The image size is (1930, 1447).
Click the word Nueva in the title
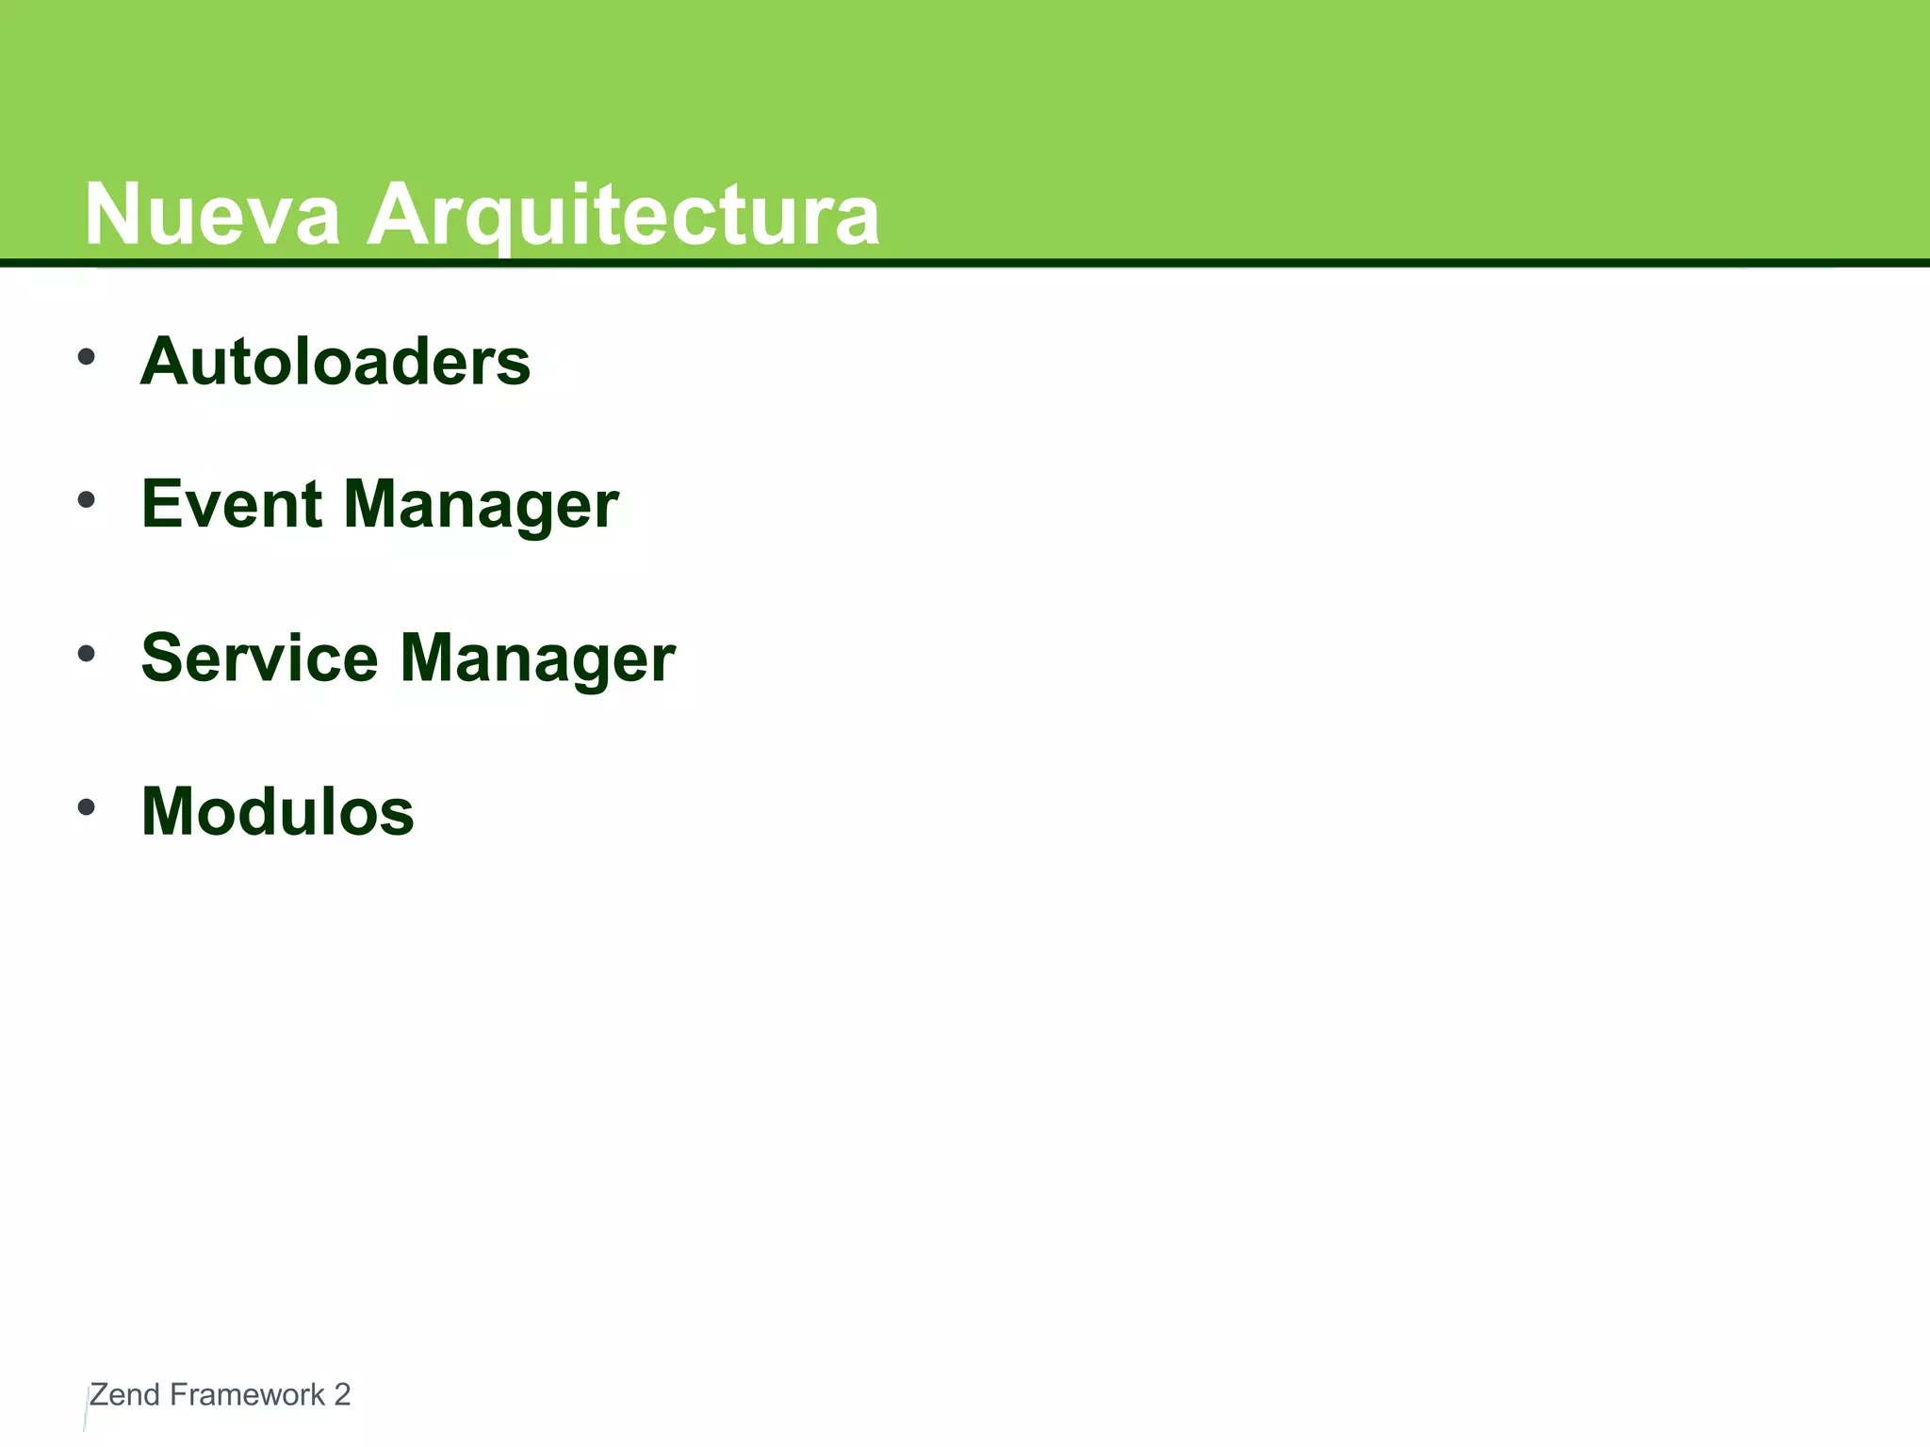coord(212,215)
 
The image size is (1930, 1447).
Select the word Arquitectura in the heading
coord(623,215)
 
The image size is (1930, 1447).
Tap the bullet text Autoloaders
coord(335,362)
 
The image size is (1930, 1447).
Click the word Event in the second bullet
coord(232,504)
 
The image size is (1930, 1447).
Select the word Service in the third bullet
coord(259,658)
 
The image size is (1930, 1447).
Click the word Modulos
coord(277,812)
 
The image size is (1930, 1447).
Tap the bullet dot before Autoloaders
coord(87,357)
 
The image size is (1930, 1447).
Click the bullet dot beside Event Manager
coord(87,500)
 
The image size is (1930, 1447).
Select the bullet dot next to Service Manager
coord(87,654)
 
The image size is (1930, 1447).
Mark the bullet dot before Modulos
coord(87,807)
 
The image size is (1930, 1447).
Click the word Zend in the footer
coord(124,1395)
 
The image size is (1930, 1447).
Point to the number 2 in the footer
coord(342,1395)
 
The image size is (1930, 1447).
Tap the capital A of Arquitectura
coord(396,215)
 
